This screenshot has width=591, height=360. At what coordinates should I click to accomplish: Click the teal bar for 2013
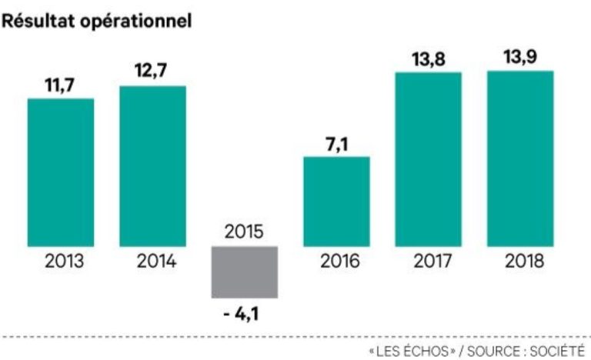[61, 172]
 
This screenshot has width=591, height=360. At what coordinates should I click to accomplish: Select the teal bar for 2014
[152, 166]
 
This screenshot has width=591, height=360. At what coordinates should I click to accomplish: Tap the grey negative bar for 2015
[245, 272]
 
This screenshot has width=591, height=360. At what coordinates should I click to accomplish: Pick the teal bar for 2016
[336, 202]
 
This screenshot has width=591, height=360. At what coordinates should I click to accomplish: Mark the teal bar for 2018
[520, 158]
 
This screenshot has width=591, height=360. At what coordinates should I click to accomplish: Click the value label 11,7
[60, 85]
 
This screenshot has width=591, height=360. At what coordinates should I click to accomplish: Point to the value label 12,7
[152, 72]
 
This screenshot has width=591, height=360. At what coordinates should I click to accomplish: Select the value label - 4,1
[245, 314]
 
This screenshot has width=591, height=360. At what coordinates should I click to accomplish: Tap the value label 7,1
[336, 144]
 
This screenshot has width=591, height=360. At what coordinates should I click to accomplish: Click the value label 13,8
[428, 58]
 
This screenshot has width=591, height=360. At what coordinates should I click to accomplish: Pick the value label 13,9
[520, 58]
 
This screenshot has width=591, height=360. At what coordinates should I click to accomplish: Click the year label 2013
[61, 262]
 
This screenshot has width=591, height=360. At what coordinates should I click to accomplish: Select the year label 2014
[152, 262]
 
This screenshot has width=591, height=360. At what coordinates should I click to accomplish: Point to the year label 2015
[245, 232]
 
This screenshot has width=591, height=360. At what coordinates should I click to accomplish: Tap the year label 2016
[336, 262]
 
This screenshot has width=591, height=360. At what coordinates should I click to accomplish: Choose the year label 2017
[428, 262]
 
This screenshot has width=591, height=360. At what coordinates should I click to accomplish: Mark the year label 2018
[520, 262]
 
